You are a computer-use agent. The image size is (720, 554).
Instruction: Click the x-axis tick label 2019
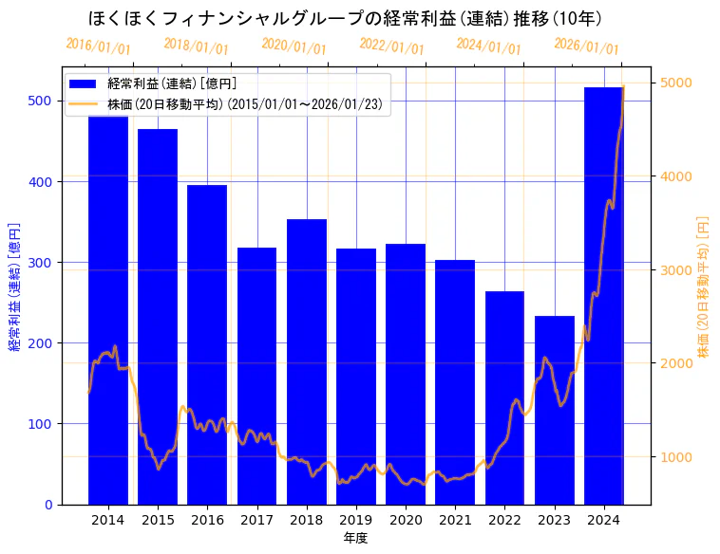tap(356, 520)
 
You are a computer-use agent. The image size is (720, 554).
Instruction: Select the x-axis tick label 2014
tap(108, 520)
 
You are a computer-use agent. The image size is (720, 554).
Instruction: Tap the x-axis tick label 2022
tap(504, 520)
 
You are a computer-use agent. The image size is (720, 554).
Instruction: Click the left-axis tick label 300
tap(42, 262)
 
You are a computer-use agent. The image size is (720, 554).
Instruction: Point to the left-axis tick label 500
tap(42, 101)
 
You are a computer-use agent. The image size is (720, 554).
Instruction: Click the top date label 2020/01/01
tap(294, 46)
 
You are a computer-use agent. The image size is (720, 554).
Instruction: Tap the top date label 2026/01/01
tap(586, 46)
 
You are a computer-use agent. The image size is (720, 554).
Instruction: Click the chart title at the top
tap(345, 18)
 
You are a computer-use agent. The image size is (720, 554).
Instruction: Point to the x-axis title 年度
tap(355, 538)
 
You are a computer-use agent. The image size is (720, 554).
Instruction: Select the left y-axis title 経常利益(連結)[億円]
tap(14, 287)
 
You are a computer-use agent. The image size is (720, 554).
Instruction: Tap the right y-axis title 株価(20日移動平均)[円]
tap(704, 286)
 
